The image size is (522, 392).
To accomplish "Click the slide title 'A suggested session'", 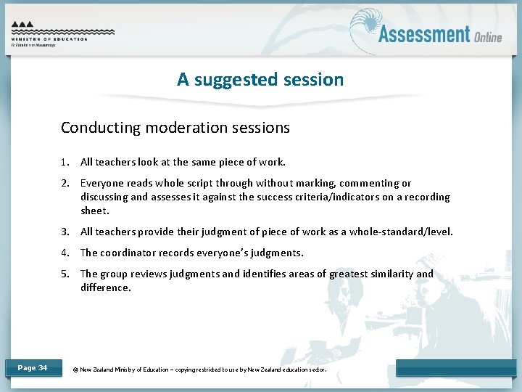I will [260, 79].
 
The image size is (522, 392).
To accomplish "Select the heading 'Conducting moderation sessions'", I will [175, 128].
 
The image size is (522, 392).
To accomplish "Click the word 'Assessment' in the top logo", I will [424, 34].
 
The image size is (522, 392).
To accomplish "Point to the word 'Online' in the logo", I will [488, 37].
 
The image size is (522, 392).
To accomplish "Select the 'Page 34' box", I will [33, 368].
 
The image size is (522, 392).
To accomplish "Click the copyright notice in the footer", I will [200, 369].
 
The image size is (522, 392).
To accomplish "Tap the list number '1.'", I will [65, 162].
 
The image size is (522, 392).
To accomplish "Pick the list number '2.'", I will [65, 183].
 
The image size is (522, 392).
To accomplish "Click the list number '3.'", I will [65, 232].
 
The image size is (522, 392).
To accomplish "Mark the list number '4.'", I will [65, 253].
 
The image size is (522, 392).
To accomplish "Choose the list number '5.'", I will [65, 274].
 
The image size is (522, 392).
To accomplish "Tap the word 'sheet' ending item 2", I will [94, 211].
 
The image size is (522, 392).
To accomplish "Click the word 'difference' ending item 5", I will [105, 287].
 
